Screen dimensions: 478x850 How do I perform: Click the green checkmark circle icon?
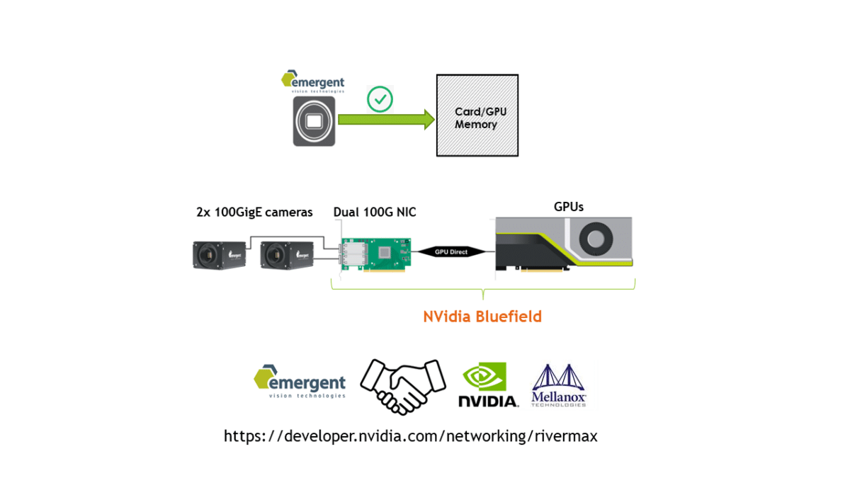(x=380, y=100)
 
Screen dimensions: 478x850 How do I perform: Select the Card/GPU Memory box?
(x=476, y=115)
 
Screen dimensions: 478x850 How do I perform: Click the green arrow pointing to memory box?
(x=386, y=120)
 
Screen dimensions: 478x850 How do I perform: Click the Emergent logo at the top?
(x=312, y=81)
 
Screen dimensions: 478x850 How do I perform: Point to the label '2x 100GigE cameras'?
(x=254, y=212)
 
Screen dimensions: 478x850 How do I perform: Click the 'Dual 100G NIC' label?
(x=374, y=212)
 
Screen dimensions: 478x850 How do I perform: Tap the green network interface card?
(x=375, y=255)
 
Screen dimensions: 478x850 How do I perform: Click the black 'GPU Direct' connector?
(x=450, y=251)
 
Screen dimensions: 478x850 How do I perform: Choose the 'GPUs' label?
(x=568, y=207)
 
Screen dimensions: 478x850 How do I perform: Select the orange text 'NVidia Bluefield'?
(x=482, y=317)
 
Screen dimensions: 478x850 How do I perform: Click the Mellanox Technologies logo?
(x=559, y=386)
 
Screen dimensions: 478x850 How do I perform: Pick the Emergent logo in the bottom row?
(x=300, y=382)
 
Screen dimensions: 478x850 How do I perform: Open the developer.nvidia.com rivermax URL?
(x=410, y=436)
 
